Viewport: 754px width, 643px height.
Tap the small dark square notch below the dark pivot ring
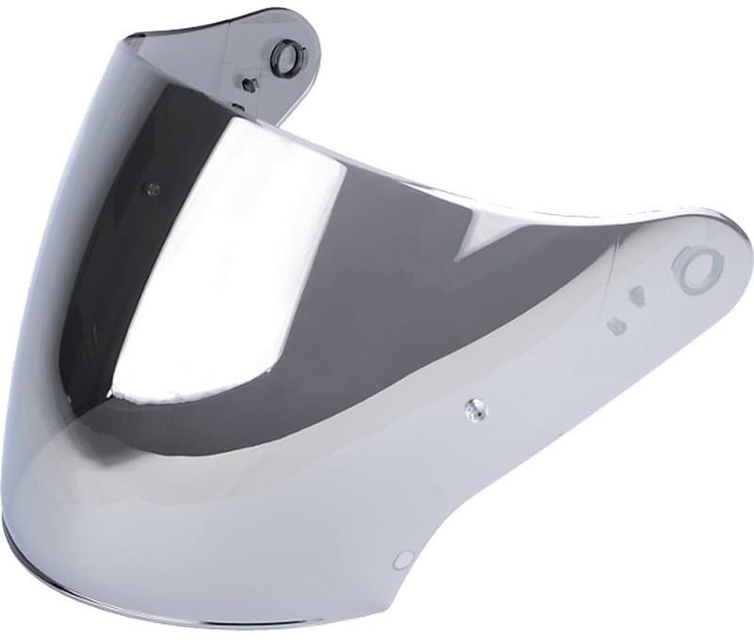point(250,84)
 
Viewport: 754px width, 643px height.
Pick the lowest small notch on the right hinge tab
point(616,327)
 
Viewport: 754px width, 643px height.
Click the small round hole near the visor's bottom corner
point(403,560)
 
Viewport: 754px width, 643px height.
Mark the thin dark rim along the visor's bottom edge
point(141,603)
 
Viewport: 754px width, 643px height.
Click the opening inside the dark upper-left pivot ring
point(284,57)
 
